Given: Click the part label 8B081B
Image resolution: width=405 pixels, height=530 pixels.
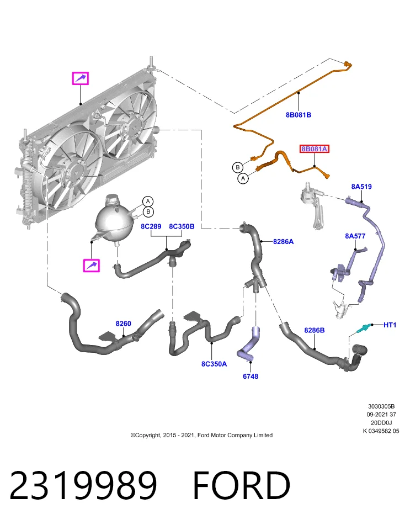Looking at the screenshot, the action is [299, 115].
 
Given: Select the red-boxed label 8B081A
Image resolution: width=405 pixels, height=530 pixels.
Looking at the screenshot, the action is [314, 149].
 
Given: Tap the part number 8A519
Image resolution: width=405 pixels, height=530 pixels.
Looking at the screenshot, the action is [361, 187].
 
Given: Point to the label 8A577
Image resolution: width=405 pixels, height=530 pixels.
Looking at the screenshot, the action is [355, 236].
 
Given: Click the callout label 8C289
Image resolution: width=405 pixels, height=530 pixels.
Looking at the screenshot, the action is [151, 226].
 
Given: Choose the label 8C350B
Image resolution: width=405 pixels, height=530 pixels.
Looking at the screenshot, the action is [182, 226].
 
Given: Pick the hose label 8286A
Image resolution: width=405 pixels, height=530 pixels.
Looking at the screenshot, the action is [284, 242].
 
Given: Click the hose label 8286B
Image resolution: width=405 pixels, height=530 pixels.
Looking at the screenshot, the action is [315, 330].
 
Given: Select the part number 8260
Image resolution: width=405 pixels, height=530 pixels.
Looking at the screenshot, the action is [123, 324].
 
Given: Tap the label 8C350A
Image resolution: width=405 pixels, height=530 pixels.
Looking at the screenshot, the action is [214, 364].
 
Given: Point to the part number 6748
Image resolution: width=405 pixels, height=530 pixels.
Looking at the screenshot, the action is [251, 376].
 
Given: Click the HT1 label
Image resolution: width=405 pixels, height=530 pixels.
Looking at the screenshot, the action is [390, 325].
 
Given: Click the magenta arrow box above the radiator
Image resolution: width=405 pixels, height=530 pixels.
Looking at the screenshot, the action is [81, 78].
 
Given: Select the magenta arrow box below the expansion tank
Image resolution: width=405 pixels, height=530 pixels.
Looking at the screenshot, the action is [92, 266].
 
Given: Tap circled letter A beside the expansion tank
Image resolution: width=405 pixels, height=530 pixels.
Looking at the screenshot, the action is [148, 202].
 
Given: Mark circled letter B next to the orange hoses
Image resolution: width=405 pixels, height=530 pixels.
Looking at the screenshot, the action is [238, 167].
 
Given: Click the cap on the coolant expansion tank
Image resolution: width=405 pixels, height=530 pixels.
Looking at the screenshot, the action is [111, 200].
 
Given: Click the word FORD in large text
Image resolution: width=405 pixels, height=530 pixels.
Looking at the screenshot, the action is [242, 485].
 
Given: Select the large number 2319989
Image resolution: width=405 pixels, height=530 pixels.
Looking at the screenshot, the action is [83, 485].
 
